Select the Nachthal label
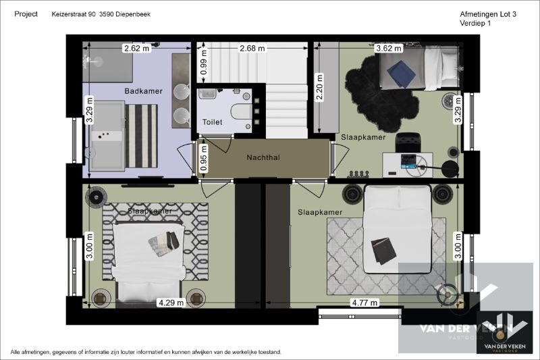tap(264, 157)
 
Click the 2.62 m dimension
tap(136, 48)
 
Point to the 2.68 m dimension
tap(252, 48)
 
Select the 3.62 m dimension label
tap(389, 48)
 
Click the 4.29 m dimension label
tap(171, 303)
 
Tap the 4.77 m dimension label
tap(364, 303)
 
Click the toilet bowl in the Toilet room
tap(240, 111)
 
